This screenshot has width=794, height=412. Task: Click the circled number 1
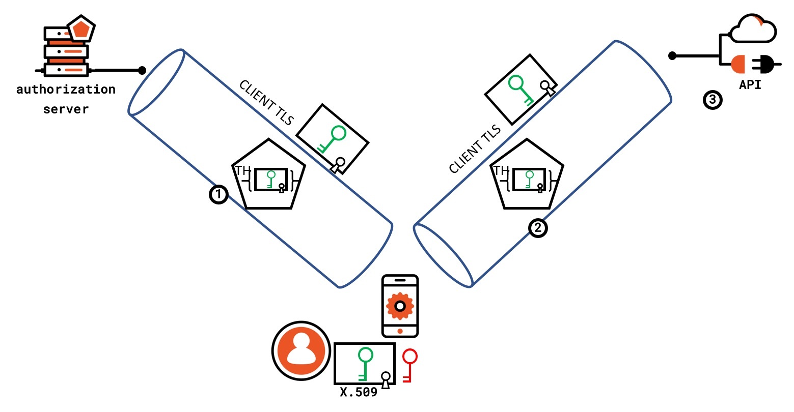pyautogui.click(x=218, y=194)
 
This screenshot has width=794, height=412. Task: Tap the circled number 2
pyautogui.click(x=538, y=228)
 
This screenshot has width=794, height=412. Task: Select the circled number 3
pyautogui.click(x=712, y=100)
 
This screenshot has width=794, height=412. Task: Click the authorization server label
pyautogui.click(x=66, y=99)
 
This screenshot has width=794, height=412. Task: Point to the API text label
pyautogui.click(x=750, y=85)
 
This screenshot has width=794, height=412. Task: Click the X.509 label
pyautogui.click(x=359, y=392)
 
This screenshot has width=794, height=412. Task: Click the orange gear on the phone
pyautogui.click(x=400, y=306)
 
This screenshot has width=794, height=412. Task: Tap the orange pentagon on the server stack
pyautogui.click(x=81, y=29)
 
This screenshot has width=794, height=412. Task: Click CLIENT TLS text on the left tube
pyautogui.click(x=266, y=102)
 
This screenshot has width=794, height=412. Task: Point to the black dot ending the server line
pyautogui.click(x=142, y=70)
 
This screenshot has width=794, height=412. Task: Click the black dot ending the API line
pyautogui.click(x=672, y=55)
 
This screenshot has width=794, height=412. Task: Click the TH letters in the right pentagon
pyautogui.click(x=501, y=170)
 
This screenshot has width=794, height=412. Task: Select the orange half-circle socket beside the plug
pyautogui.click(x=739, y=65)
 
